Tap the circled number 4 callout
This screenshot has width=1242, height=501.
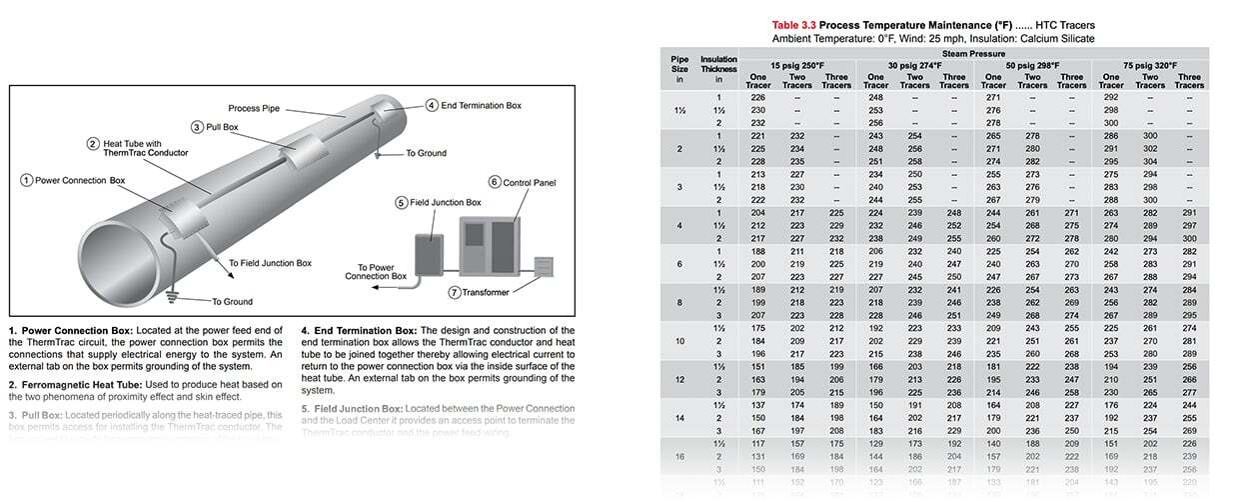click(x=432, y=105)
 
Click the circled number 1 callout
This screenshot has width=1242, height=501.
click(x=26, y=180)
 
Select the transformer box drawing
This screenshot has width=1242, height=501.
click(x=544, y=267)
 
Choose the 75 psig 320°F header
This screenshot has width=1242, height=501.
click(x=1150, y=65)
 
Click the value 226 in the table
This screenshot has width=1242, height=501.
click(x=757, y=97)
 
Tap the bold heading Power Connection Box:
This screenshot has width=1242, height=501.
click(x=72, y=329)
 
